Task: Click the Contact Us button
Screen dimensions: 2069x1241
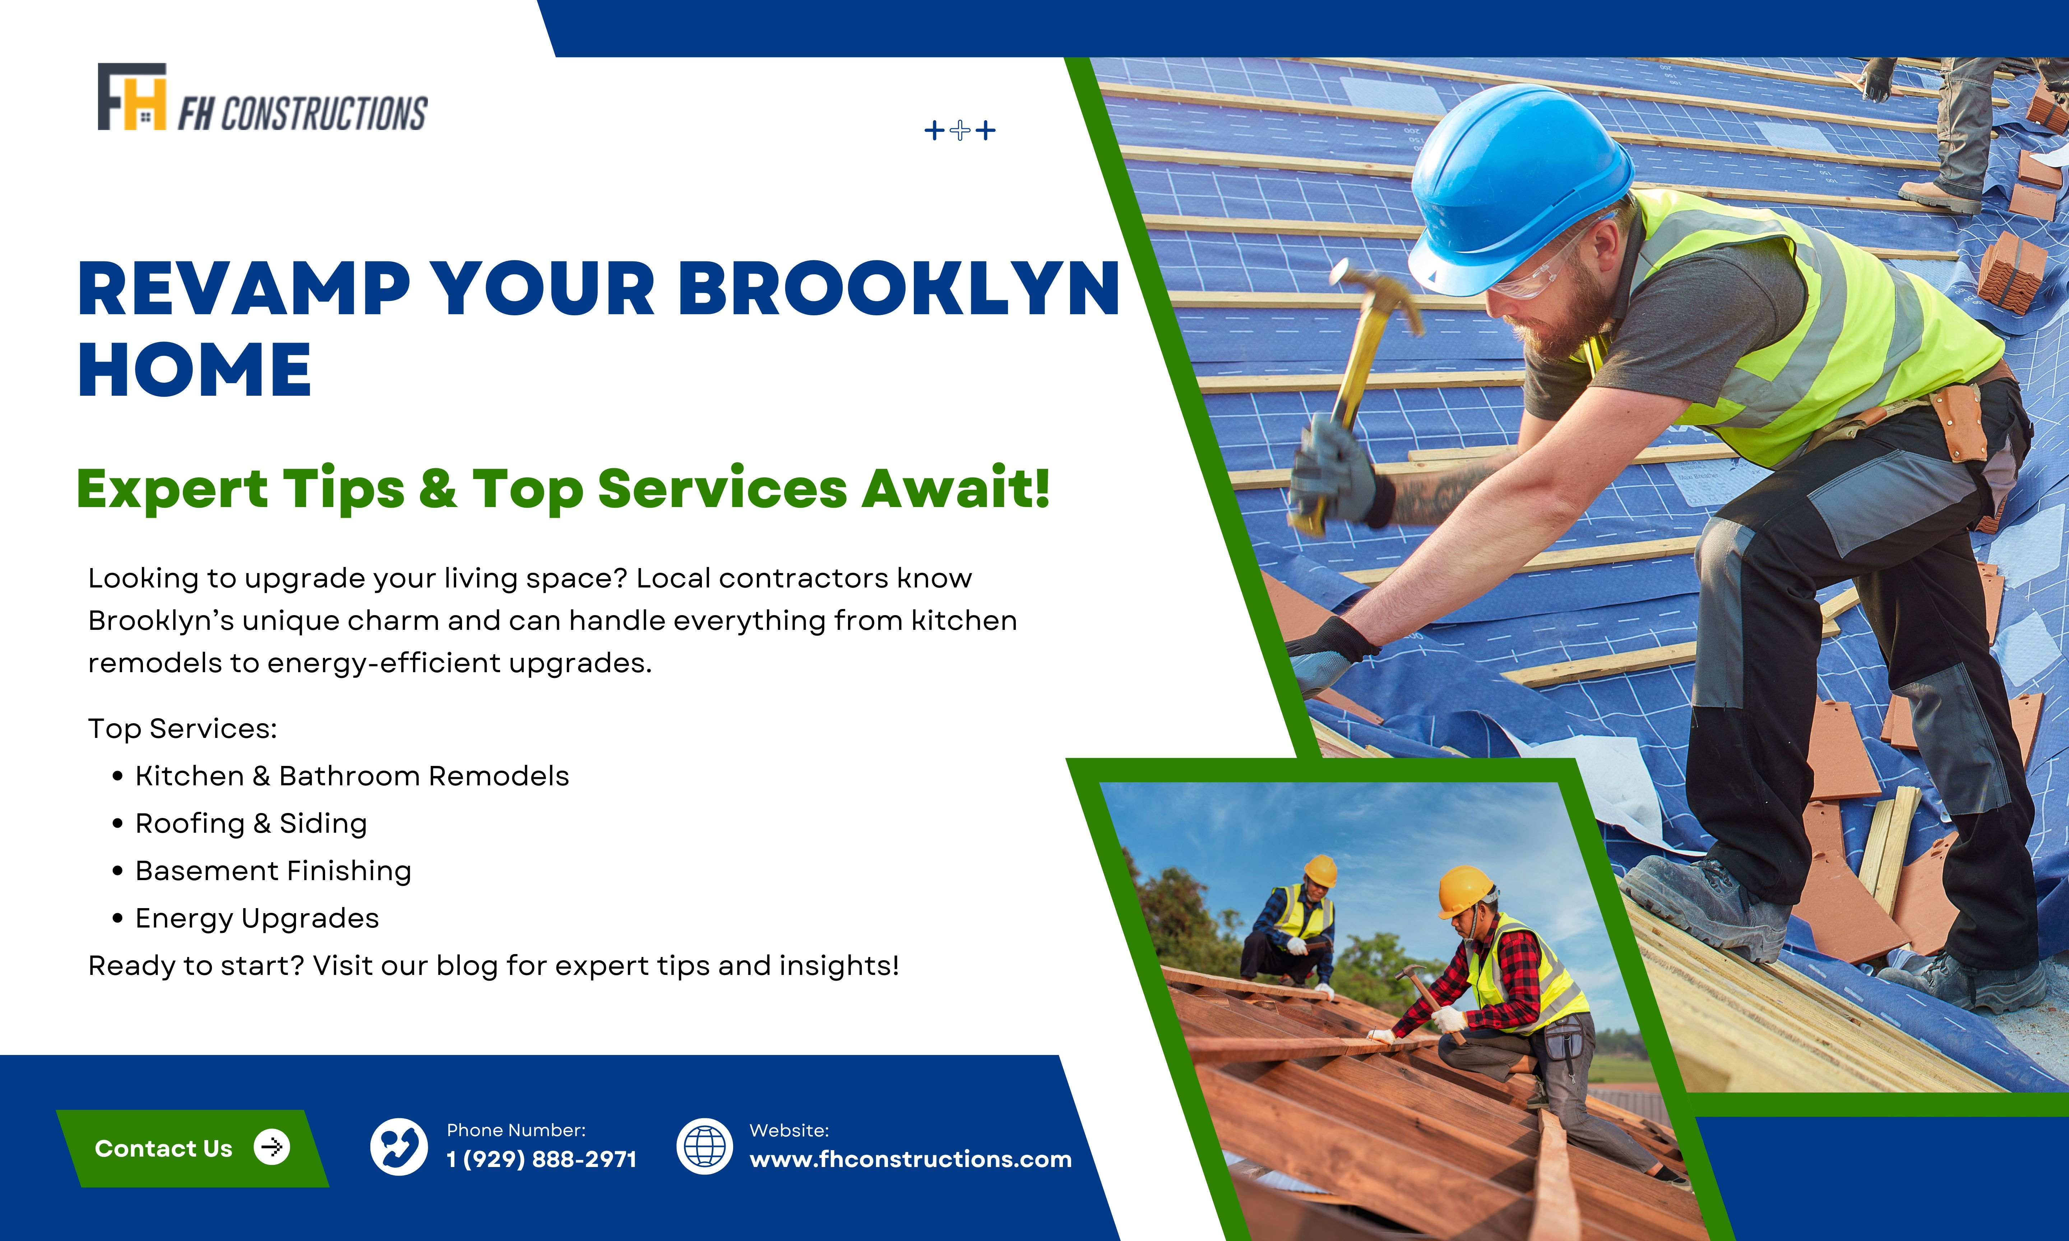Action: pos(192,1148)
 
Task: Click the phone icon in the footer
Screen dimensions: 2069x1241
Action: pos(399,1147)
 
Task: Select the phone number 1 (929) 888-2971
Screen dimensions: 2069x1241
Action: pos(541,1159)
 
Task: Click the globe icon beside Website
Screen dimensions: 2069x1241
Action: pos(704,1147)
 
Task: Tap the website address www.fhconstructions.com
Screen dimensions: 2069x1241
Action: pos(910,1159)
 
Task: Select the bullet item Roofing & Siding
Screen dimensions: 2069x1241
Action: pos(251,824)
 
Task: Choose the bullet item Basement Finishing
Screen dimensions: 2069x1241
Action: pos(273,870)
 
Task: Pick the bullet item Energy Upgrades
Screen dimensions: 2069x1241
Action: pos(257,918)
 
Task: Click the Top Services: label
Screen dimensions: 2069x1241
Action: pos(182,728)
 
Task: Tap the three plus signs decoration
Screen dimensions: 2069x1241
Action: pos(960,130)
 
